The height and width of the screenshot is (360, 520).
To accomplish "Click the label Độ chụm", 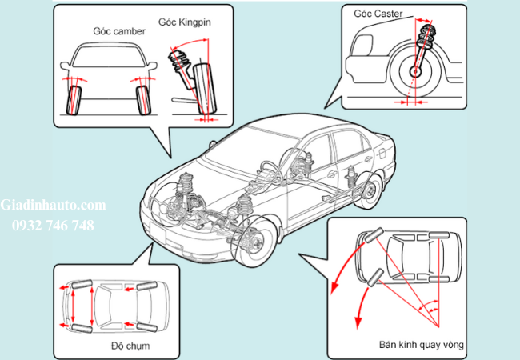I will tap(132, 346).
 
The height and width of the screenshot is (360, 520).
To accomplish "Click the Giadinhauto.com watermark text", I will tap(53, 207).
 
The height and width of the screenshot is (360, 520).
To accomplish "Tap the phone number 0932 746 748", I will tap(53, 226).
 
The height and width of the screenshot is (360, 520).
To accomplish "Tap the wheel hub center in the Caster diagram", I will tap(416, 72).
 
